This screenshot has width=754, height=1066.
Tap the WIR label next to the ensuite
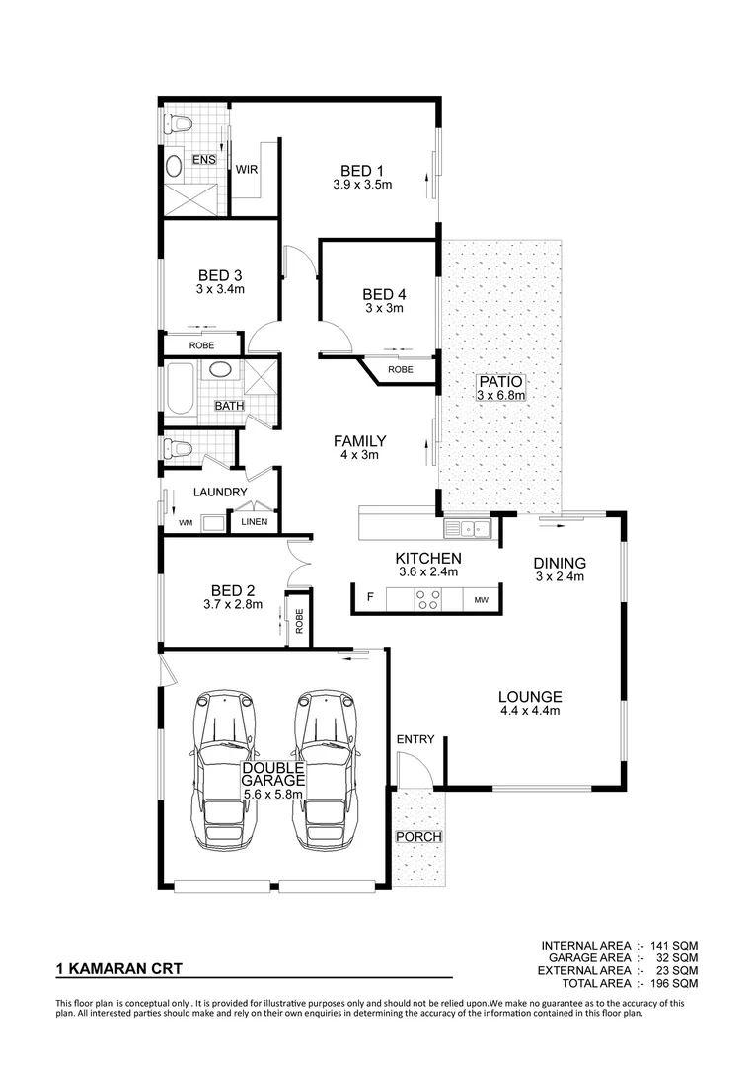pyautogui.click(x=246, y=169)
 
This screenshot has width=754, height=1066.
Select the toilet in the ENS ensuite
pyautogui.click(x=178, y=123)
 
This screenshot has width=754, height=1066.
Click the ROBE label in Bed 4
pyautogui.click(x=400, y=369)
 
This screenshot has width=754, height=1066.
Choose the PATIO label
pyautogui.click(x=500, y=381)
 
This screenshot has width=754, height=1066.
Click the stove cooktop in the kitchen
pyautogui.click(x=427, y=598)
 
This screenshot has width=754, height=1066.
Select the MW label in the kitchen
pyautogui.click(x=482, y=599)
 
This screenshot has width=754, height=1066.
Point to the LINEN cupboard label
pyautogui.click(x=255, y=522)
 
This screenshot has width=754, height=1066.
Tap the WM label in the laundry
pyautogui.click(x=186, y=522)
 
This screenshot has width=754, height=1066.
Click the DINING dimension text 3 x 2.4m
pyautogui.click(x=561, y=576)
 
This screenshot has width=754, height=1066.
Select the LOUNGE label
pyautogui.click(x=530, y=695)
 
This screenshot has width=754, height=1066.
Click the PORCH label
pyautogui.click(x=418, y=837)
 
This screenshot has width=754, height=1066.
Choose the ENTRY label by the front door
pyautogui.click(x=415, y=739)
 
